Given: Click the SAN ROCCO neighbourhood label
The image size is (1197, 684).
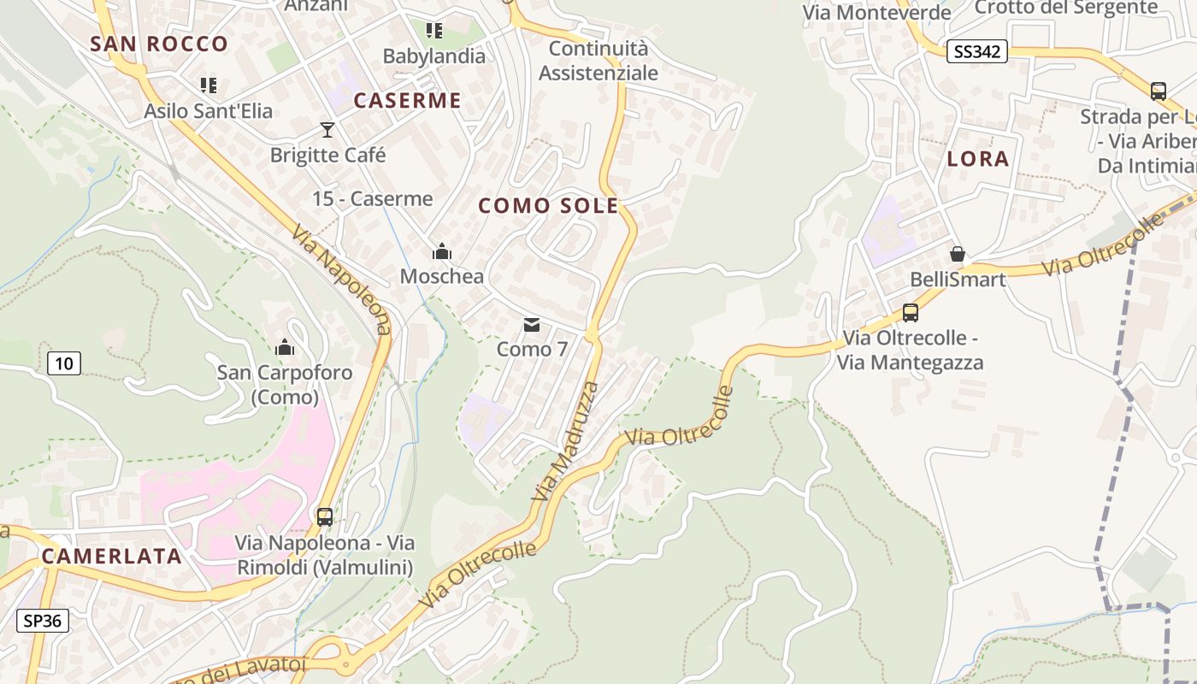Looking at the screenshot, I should point(159,44).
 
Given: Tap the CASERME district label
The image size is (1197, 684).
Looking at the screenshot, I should point(407,100).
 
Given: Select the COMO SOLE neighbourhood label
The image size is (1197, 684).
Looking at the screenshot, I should point(548,205).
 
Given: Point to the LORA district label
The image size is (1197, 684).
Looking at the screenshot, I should point(978,158).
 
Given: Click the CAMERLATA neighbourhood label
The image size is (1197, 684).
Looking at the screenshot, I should point(112,556).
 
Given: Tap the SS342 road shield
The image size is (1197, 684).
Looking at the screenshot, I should point(977,51).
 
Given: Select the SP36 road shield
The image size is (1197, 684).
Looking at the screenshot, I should point(43,620).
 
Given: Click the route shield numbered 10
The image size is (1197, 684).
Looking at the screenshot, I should point(64,363).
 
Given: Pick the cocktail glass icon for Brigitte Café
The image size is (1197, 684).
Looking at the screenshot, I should point(327,130).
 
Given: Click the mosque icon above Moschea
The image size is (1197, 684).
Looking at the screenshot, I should point(442,251).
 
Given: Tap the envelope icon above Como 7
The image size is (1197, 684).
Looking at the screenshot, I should point(532,325).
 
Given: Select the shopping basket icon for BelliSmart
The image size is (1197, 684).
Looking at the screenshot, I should point(958,254).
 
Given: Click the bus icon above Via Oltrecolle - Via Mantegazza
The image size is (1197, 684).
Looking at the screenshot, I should point(910,313).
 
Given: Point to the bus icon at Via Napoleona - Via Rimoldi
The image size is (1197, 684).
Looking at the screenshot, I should point(325,516).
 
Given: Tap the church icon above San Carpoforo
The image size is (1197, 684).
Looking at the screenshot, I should point(285,347).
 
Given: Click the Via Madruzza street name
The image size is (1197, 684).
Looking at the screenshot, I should point(565,441).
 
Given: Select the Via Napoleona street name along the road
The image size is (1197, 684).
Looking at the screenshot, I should point(341,280).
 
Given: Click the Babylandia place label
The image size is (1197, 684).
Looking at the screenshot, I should point(433,56).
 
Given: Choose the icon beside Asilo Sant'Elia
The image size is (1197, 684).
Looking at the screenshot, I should point(209,85).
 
